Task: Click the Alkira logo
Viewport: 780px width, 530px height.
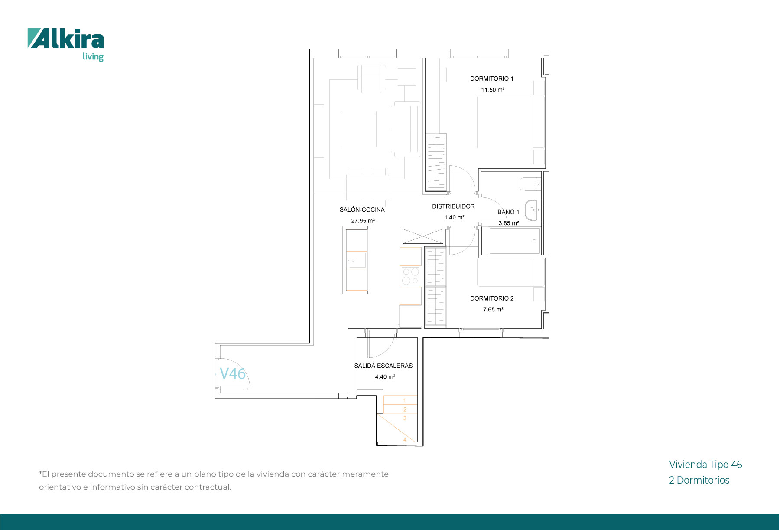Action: [66, 45]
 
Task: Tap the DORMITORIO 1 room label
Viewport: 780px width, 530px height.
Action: [492, 79]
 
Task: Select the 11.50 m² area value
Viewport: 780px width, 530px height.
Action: [493, 90]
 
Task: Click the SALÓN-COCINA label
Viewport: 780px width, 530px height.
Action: [362, 209]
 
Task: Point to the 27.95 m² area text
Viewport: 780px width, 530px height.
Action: [363, 221]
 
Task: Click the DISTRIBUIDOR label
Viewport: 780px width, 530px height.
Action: [453, 206]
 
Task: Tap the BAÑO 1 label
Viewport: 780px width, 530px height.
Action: [508, 212]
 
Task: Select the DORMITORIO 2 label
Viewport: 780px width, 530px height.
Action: [492, 298]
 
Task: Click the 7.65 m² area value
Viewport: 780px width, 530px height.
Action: [493, 310]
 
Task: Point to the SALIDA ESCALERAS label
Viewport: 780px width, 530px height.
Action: [383, 366]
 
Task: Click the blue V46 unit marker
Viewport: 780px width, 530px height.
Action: [233, 373]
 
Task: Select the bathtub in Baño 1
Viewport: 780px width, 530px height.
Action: [515, 241]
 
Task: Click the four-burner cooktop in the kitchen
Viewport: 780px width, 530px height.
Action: [410, 276]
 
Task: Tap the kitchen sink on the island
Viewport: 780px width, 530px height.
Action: [357, 260]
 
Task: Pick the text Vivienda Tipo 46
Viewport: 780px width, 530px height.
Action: [705, 465]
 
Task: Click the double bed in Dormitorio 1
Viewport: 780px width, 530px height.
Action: [510, 123]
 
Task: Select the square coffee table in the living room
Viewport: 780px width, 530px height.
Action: [358, 129]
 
